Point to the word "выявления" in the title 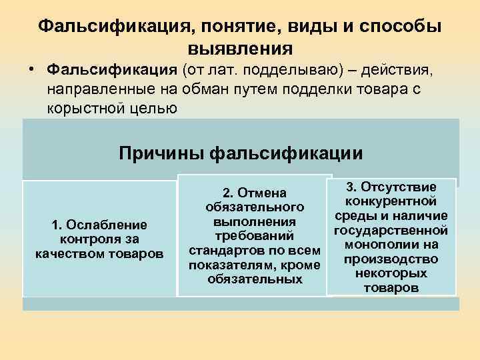click(x=240, y=48)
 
